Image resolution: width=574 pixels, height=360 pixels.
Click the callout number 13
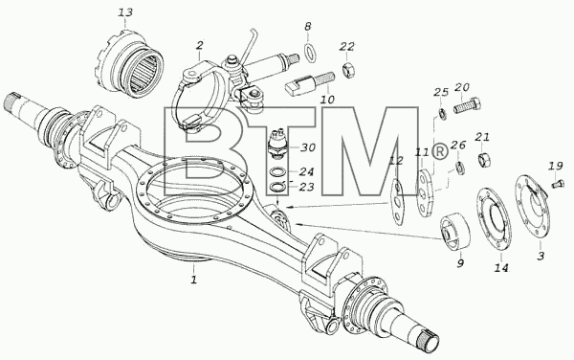[125, 12]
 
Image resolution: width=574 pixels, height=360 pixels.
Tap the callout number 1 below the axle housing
[194, 280]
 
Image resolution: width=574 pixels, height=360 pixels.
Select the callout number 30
[308, 147]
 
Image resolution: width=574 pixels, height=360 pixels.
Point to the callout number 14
[501, 268]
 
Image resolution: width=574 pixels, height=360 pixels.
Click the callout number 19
[555, 167]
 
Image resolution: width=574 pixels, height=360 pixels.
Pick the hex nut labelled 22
[347, 70]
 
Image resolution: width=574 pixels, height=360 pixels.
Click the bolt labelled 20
[467, 105]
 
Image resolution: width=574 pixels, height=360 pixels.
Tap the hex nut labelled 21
[484, 159]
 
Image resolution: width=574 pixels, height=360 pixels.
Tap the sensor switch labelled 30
[276, 145]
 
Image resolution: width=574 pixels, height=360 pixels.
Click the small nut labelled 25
[442, 115]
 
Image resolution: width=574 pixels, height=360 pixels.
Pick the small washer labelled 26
[460, 168]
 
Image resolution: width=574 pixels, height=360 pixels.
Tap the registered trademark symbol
[440, 151]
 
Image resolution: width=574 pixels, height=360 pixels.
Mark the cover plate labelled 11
[425, 193]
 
